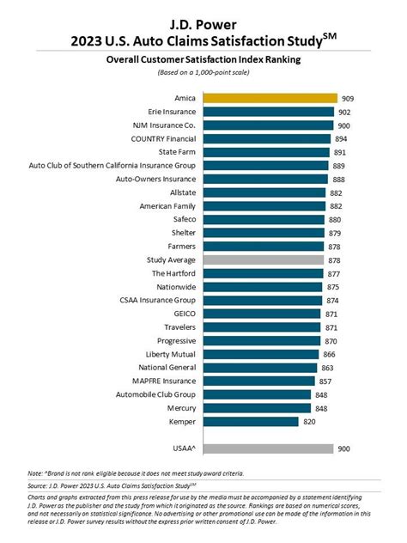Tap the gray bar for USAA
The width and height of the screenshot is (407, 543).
pos(265,448)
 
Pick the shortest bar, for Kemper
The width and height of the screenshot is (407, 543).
pos(248,421)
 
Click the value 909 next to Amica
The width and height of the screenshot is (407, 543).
pos(347,99)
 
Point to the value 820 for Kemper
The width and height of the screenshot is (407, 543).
pos(309,421)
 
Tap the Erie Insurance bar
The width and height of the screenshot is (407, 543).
pos(266,112)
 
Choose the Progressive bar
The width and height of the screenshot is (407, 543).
pos(257,340)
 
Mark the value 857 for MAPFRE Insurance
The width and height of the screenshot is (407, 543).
pos(325,381)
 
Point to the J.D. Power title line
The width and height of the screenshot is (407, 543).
pos(203,13)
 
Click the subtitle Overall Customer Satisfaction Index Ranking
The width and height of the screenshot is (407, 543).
pos(203,60)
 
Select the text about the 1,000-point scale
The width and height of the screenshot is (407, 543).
pos(203,73)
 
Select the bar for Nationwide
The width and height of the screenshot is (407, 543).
pos(258,287)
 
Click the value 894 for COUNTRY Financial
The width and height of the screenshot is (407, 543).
pos(341,139)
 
